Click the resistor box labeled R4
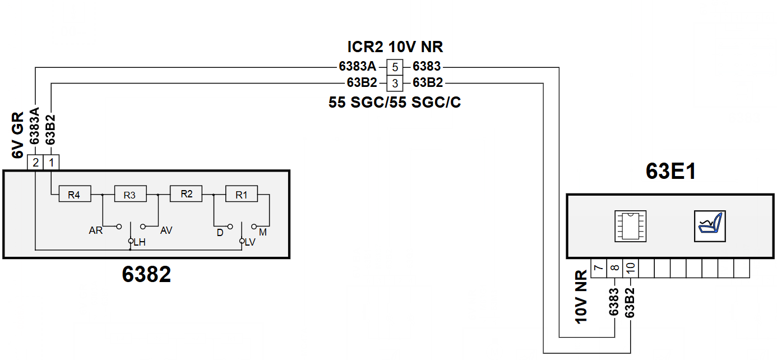pyautogui.click(x=75, y=194)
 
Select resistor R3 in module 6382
pyautogui.click(x=131, y=194)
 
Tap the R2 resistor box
pyautogui.click(x=186, y=194)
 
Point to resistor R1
pyautogui.click(x=242, y=194)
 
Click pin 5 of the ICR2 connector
pyautogui.click(x=395, y=67)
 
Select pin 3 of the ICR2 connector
pyautogui.click(x=395, y=83)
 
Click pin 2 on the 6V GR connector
pyautogui.click(x=35, y=162)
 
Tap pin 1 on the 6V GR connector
pyautogui.click(x=52, y=162)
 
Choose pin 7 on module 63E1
pyautogui.click(x=599, y=268)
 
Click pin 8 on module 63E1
pyautogui.click(x=614, y=268)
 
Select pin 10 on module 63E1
pyautogui.click(x=631, y=268)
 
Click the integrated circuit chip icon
pyautogui.click(x=630, y=226)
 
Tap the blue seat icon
pyautogui.click(x=710, y=226)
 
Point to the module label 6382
pyautogui.click(x=146, y=274)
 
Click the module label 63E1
pyautogui.click(x=671, y=171)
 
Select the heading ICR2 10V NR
pyautogui.click(x=395, y=47)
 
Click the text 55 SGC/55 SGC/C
pyautogui.click(x=395, y=102)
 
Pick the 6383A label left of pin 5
pyautogui.click(x=357, y=66)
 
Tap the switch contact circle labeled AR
pyautogui.click(x=119, y=227)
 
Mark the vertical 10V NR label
pyautogui.click(x=581, y=297)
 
